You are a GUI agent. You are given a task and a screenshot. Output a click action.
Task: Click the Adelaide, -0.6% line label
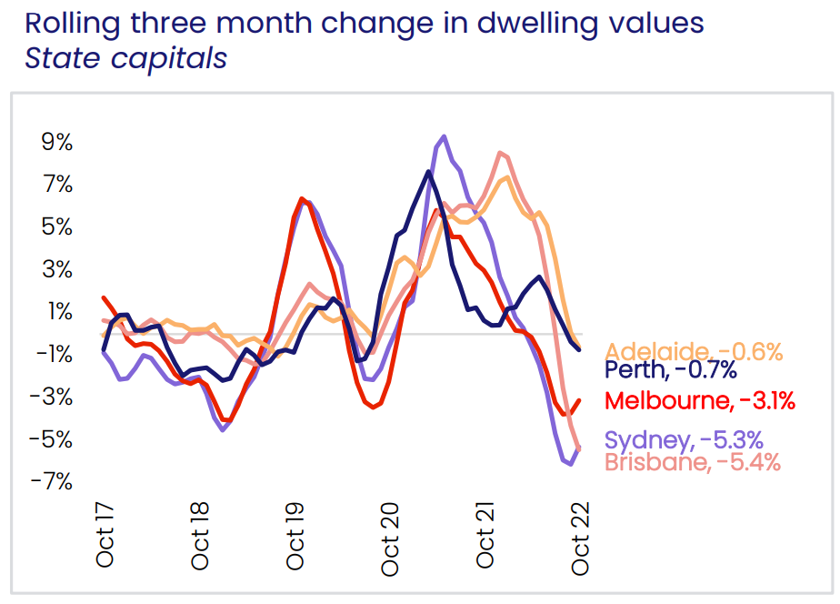click(694, 352)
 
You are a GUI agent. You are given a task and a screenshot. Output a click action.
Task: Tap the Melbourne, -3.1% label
click(700, 400)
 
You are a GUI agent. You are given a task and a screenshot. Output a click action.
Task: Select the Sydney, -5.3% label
click(683, 441)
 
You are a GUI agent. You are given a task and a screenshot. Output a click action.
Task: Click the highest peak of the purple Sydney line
click(443, 136)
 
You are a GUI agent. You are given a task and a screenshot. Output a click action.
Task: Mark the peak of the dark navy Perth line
click(427, 172)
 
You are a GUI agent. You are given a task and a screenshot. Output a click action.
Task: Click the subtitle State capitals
click(125, 58)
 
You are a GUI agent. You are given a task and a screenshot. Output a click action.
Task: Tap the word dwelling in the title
click(518, 22)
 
